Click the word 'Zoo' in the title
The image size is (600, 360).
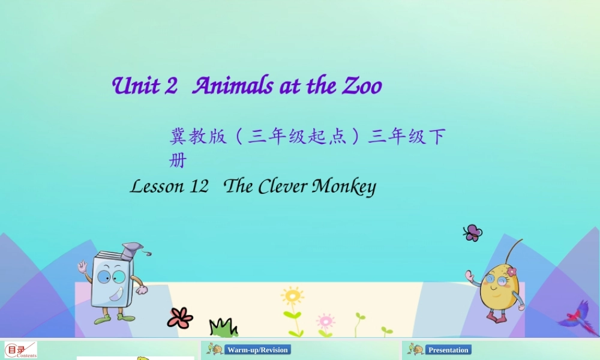(x=362, y=86)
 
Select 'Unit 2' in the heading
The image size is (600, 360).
(x=145, y=86)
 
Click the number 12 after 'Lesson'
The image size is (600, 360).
(x=198, y=187)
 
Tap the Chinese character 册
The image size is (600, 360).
(x=178, y=161)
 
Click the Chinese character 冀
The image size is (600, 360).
(x=178, y=137)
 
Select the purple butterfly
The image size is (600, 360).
(x=473, y=233)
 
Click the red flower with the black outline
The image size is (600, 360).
(x=180, y=318)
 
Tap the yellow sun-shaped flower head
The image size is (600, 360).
(x=292, y=296)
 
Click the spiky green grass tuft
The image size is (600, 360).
(x=223, y=328)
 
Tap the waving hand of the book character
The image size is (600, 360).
(x=82, y=266)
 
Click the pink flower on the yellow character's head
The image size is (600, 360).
(x=511, y=272)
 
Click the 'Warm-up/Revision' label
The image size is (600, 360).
(x=257, y=350)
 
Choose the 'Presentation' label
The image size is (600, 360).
(x=448, y=350)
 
